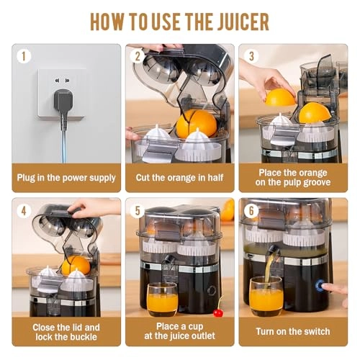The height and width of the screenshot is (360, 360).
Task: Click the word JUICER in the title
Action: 235,21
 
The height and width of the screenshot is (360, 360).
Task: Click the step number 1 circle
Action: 25,55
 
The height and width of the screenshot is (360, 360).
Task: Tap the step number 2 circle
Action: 138,55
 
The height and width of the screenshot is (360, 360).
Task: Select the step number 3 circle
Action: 250,55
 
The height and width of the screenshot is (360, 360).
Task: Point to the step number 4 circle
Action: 25,211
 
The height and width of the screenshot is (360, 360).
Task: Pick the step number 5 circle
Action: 138,211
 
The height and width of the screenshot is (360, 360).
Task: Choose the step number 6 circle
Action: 250,211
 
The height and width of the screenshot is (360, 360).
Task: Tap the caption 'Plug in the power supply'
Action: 66,176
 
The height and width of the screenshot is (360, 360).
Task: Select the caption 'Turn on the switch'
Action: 292,332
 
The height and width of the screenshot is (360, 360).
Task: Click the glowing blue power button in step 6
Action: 320,285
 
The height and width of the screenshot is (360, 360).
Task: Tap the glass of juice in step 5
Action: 161,299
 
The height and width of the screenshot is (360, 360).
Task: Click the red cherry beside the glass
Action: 217,312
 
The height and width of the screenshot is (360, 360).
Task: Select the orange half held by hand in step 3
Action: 279,97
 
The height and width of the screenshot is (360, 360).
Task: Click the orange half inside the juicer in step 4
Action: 75,265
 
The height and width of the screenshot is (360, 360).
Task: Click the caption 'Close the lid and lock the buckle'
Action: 66,331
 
